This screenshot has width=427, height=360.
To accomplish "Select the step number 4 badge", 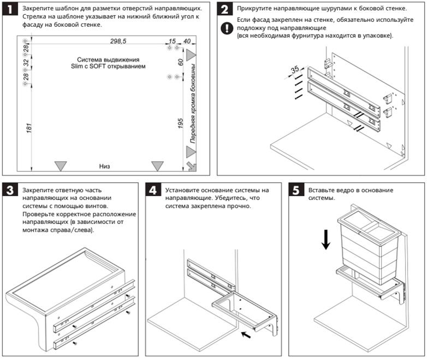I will pos(155,191).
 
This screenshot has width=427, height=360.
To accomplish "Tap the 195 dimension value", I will pos(180,123).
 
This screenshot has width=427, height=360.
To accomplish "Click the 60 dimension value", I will pos(180,62).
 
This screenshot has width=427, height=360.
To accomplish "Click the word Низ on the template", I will pos(105,165).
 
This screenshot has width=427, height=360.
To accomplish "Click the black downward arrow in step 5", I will pos(326,239).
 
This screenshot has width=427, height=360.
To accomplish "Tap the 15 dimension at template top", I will pos(172,42).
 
